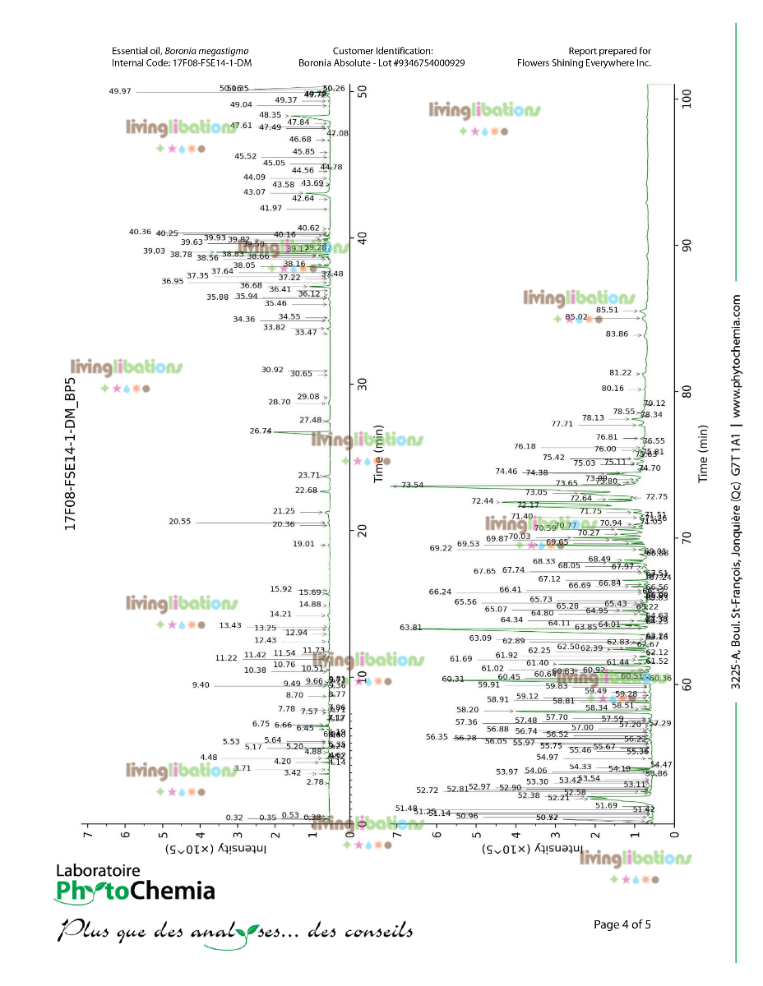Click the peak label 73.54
[x=413, y=485]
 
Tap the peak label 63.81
[x=433, y=628]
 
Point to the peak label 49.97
[x=120, y=91]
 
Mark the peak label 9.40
[x=201, y=685]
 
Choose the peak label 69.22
[x=441, y=549]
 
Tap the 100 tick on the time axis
[x=690, y=99]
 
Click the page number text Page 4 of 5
[x=622, y=924]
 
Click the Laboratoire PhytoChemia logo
[x=135, y=884]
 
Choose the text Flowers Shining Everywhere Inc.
[x=584, y=62]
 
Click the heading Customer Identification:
[x=382, y=51]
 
